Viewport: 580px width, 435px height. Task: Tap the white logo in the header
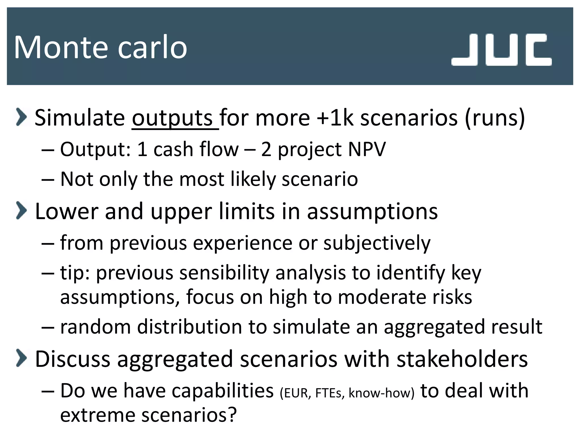tap(501, 50)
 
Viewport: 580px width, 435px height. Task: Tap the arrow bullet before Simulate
tap(21, 116)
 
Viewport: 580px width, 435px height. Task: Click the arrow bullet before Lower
tap(21, 210)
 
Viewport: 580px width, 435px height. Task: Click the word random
tap(95, 327)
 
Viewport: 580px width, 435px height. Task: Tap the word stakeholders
tap(462, 359)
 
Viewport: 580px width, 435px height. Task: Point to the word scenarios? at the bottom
tap(189, 415)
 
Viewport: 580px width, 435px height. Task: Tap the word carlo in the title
tap(152, 47)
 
